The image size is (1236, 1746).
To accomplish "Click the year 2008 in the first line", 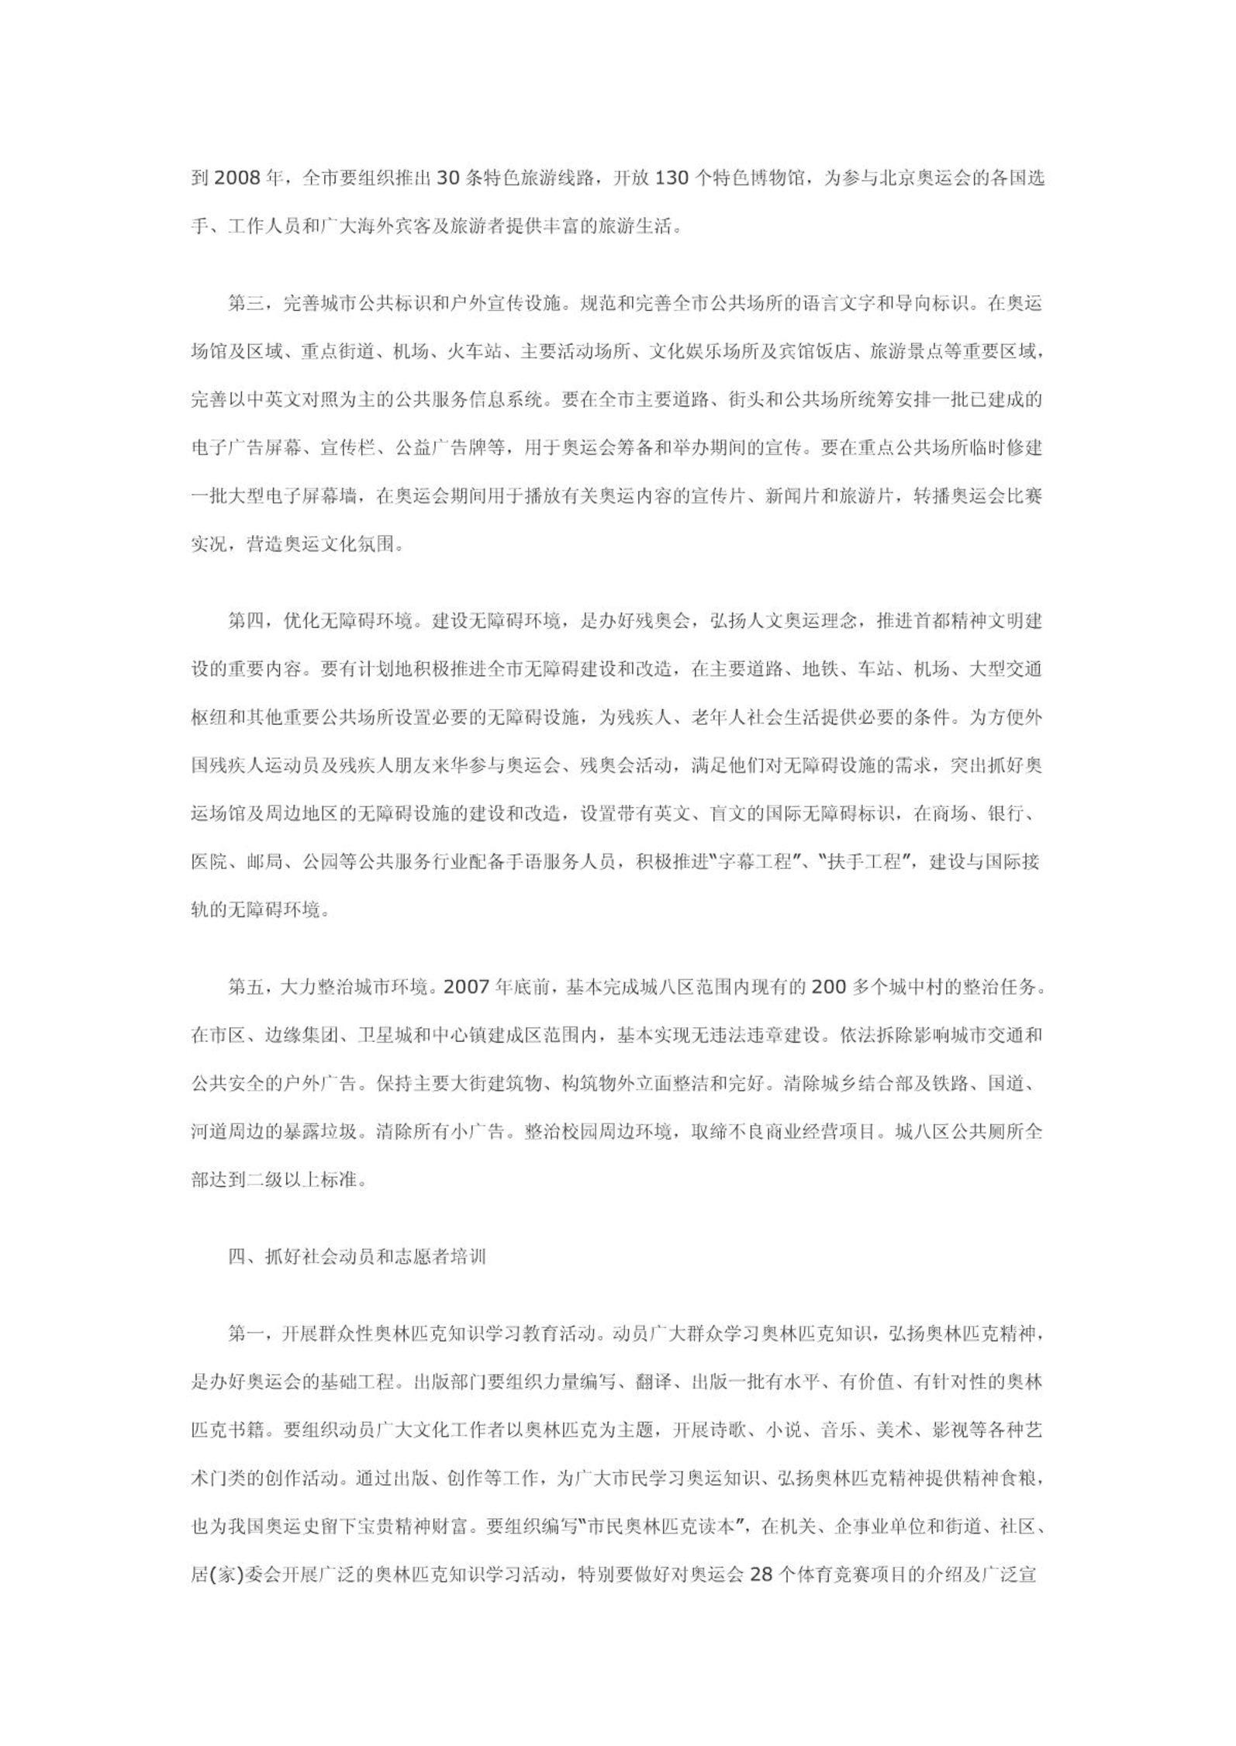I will point(237,179).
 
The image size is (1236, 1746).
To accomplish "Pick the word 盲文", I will point(744,814).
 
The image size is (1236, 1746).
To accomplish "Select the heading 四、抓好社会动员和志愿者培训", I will point(357,1257).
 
